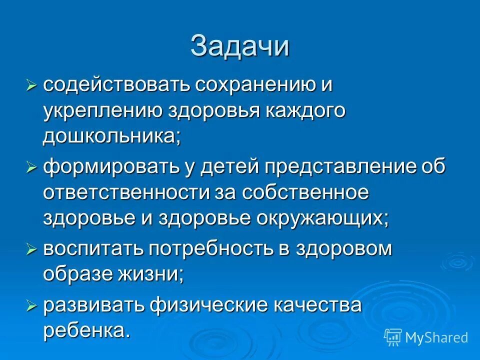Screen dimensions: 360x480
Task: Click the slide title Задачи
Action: click(x=240, y=46)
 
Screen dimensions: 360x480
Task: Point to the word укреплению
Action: click(x=102, y=111)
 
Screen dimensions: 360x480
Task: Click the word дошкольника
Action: click(x=111, y=137)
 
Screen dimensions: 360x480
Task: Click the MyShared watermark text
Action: click(x=436, y=337)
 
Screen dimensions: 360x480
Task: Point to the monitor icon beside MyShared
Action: click(x=393, y=337)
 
